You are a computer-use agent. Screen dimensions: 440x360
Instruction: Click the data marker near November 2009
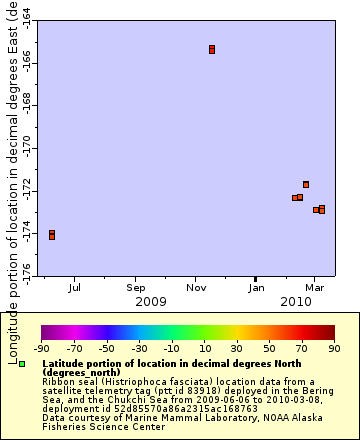click(x=212, y=49)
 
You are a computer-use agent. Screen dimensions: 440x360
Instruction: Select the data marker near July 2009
click(x=52, y=235)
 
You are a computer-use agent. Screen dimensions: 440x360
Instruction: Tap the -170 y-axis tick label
click(x=26, y=149)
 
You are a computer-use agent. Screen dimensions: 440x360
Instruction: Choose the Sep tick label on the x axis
click(x=135, y=287)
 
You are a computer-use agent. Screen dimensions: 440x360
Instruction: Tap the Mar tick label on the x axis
click(x=313, y=287)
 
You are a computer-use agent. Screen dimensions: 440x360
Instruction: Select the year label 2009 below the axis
click(x=150, y=301)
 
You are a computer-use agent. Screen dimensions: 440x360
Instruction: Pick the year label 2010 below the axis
click(x=296, y=301)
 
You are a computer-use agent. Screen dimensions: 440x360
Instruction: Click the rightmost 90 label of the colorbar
click(x=333, y=348)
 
